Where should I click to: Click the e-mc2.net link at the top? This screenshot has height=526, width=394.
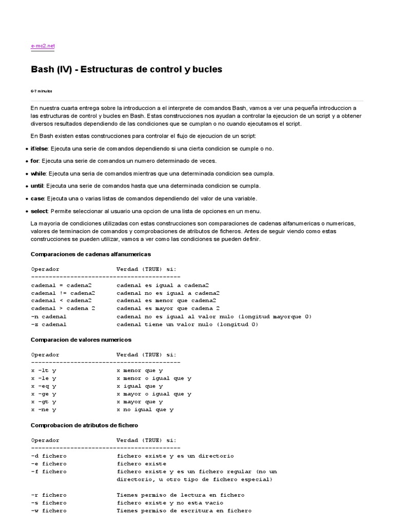click(x=42, y=46)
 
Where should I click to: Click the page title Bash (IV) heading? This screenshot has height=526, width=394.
click(x=126, y=69)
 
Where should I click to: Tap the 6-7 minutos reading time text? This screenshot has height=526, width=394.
click(x=41, y=91)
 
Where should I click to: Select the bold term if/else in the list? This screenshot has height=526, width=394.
click(x=40, y=148)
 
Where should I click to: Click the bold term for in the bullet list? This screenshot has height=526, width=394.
click(x=35, y=161)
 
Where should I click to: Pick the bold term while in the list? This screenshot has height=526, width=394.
click(x=38, y=174)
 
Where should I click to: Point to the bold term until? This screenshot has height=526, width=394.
click(x=37, y=186)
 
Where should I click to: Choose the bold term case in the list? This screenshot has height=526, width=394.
click(x=37, y=198)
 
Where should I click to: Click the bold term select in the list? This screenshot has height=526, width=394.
click(x=40, y=211)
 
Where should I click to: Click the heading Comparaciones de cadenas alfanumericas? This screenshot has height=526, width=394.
click(x=90, y=254)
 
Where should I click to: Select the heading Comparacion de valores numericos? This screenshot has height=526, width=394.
click(x=81, y=340)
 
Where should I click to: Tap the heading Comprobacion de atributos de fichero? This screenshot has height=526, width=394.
click(x=84, y=425)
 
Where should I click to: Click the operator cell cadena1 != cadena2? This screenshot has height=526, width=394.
click(x=63, y=293)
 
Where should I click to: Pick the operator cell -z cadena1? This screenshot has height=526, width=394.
click(x=49, y=325)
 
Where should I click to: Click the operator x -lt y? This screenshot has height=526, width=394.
click(x=44, y=370)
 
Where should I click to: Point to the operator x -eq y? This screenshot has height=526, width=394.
click(x=44, y=386)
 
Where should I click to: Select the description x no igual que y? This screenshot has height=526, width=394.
click(x=145, y=410)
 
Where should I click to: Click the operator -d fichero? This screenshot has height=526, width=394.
click(x=49, y=456)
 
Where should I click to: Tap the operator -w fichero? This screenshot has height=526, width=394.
click(x=49, y=511)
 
